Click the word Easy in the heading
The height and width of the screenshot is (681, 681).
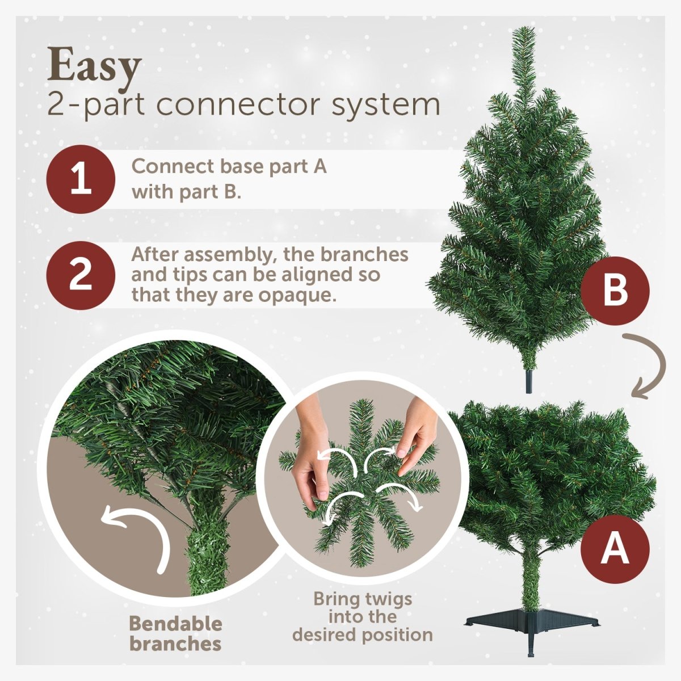pyautogui.click(x=94, y=67)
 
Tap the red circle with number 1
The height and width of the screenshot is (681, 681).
pyautogui.click(x=81, y=179)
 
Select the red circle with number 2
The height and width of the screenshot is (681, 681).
pyautogui.click(x=81, y=275)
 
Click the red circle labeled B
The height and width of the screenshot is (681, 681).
pyautogui.click(x=615, y=291)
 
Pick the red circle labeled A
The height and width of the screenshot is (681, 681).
pyautogui.click(x=615, y=549)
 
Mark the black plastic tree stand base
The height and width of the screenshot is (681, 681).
pyautogui.click(x=531, y=621)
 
